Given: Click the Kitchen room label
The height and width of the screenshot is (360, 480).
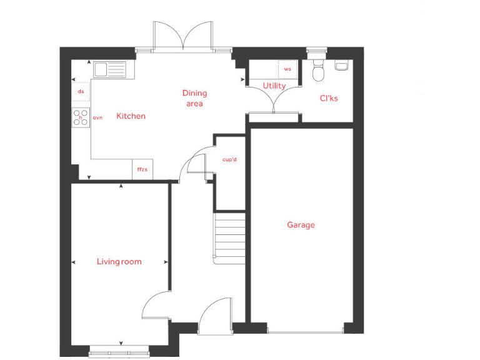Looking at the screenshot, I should pos(131,116).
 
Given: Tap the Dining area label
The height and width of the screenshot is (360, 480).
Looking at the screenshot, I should pos(194,98).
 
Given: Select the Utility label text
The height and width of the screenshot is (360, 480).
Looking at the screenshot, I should pos(274,86).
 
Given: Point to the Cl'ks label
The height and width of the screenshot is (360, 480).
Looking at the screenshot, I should pos(329,98).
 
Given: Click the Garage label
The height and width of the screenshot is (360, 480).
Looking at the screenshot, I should pos(301,225).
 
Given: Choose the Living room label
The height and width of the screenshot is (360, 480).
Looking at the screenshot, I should pos(119,261).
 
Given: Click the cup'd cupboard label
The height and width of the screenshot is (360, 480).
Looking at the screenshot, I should pos(230,159).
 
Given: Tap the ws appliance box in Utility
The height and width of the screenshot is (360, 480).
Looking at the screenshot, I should pos(287,69).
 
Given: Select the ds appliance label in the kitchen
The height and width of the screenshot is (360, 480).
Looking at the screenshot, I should pos(81,92).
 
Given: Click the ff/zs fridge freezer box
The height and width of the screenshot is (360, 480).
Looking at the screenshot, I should pos(142,169).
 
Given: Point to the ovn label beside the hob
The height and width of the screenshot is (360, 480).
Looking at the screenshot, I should pos(97,117).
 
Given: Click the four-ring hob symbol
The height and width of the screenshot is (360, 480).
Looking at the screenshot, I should pos(81,117).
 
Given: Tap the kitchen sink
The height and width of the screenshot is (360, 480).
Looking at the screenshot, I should pos(110,69).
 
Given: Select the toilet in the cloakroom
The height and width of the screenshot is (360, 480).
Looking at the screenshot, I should pos(318,71).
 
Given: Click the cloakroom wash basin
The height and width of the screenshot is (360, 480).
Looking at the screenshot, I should pos(342,65).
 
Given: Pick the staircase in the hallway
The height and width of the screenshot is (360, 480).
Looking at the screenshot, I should pos(230,238).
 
